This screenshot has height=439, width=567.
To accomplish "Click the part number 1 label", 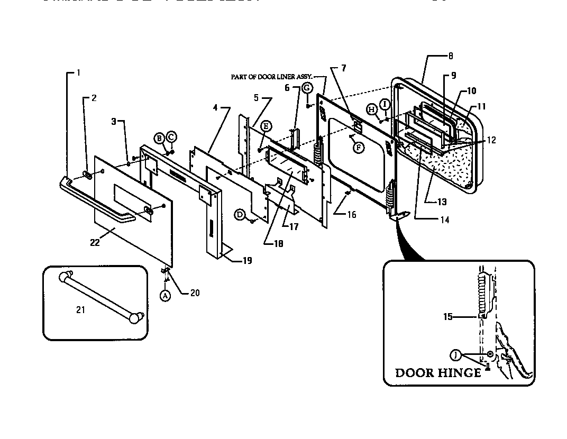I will (78, 73).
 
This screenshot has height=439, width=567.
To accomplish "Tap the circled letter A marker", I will (165, 296).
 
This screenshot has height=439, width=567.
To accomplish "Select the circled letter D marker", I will (240, 214).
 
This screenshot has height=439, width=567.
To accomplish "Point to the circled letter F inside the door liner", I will (359, 148).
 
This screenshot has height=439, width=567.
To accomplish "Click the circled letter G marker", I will (307, 88).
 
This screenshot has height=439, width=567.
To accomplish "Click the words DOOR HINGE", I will (438, 373).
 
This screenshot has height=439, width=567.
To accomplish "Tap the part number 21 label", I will (80, 310).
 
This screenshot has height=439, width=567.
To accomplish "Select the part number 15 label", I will (448, 317).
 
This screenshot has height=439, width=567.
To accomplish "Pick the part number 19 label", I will (247, 260).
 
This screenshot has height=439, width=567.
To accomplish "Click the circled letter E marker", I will (267, 125).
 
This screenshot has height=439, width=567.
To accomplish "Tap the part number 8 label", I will (450, 56).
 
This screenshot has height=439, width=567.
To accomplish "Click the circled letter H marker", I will (372, 109).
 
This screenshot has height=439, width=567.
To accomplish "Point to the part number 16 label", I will (352, 215).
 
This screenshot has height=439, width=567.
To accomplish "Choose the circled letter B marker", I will (159, 139).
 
